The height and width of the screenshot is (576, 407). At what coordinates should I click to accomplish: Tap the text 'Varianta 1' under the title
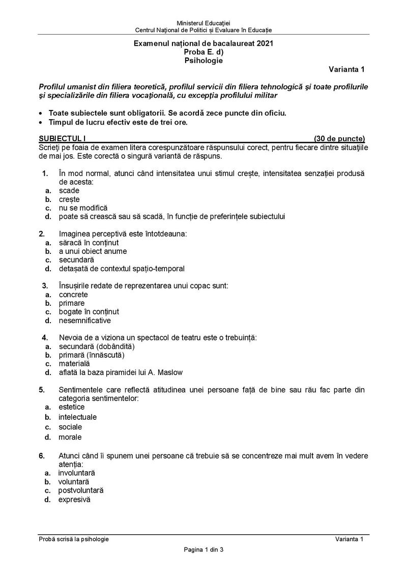(x=346, y=69)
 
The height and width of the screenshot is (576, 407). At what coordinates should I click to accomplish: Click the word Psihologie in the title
(x=203, y=60)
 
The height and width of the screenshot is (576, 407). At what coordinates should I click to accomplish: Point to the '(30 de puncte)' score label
(x=339, y=138)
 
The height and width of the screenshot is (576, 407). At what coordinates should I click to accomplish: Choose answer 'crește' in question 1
(x=69, y=199)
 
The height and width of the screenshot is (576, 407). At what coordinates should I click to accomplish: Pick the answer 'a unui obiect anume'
(x=93, y=251)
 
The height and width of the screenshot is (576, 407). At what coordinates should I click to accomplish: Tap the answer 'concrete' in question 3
(x=73, y=294)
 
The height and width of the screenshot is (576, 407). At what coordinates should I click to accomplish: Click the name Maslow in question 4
(x=170, y=372)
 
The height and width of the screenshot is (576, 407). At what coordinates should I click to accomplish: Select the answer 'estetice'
(x=72, y=407)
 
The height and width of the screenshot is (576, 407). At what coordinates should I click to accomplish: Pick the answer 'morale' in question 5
(x=70, y=437)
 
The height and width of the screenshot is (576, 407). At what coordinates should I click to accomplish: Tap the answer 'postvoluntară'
(x=81, y=490)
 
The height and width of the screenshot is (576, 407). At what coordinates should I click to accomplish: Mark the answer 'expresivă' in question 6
(x=74, y=500)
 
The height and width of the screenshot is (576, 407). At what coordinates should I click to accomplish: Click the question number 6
(x=42, y=455)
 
